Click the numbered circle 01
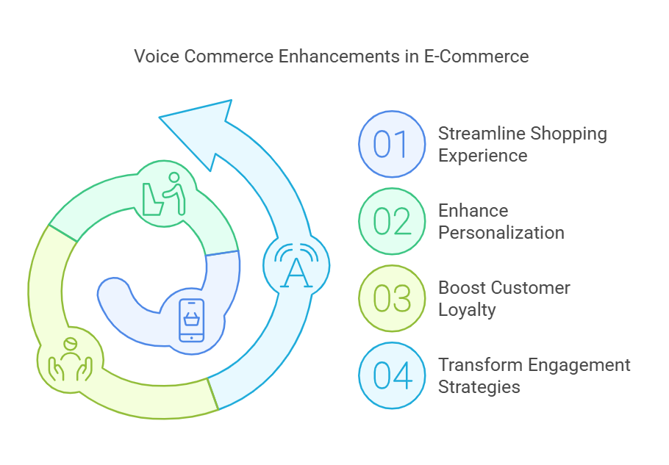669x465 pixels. click(392, 144)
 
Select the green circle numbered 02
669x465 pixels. click(392, 221)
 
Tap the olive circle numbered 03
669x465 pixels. click(392, 298)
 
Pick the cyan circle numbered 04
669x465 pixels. click(392, 375)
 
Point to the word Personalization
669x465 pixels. click(501, 233)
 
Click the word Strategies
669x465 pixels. click(479, 387)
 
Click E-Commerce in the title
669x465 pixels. click(476, 56)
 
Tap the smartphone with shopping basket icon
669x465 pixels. click(192, 320)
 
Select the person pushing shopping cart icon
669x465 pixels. click(164, 194)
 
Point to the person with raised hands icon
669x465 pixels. click(70, 360)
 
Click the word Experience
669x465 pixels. click(483, 156)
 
